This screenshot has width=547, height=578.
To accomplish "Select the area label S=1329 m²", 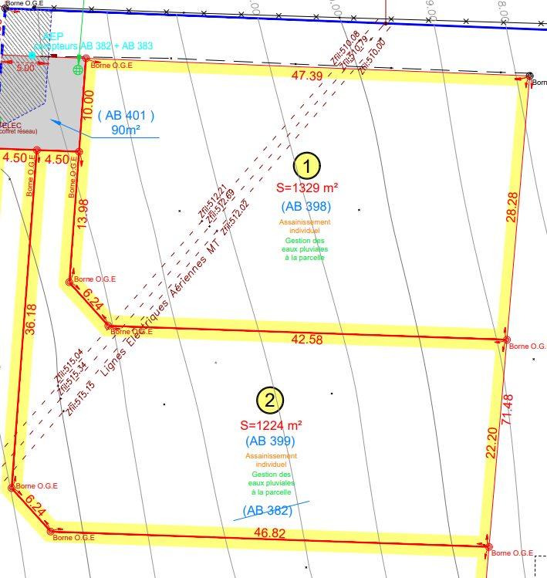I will pyautogui.click(x=306, y=188).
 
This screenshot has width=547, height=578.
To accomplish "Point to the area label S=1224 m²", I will pyautogui.click(x=271, y=424).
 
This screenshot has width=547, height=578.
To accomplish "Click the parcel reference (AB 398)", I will pyautogui.click(x=306, y=206).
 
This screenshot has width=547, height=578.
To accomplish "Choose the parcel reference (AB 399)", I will pyautogui.click(x=270, y=441).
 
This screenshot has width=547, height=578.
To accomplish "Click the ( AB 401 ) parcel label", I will pyautogui.click(x=126, y=116).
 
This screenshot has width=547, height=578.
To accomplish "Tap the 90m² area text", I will pyautogui.click(x=126, y=130).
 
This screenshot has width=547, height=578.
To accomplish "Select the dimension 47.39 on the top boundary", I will pyautogui.click(x=307, y=76).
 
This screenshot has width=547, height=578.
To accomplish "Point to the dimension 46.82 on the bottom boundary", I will pyautogui.click(x=269, y=532).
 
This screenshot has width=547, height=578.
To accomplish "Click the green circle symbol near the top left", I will pyautogui.click(x=77, y=70).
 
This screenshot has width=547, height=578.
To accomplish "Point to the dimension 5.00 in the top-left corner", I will pyautogui.click(x=25, y=68).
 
